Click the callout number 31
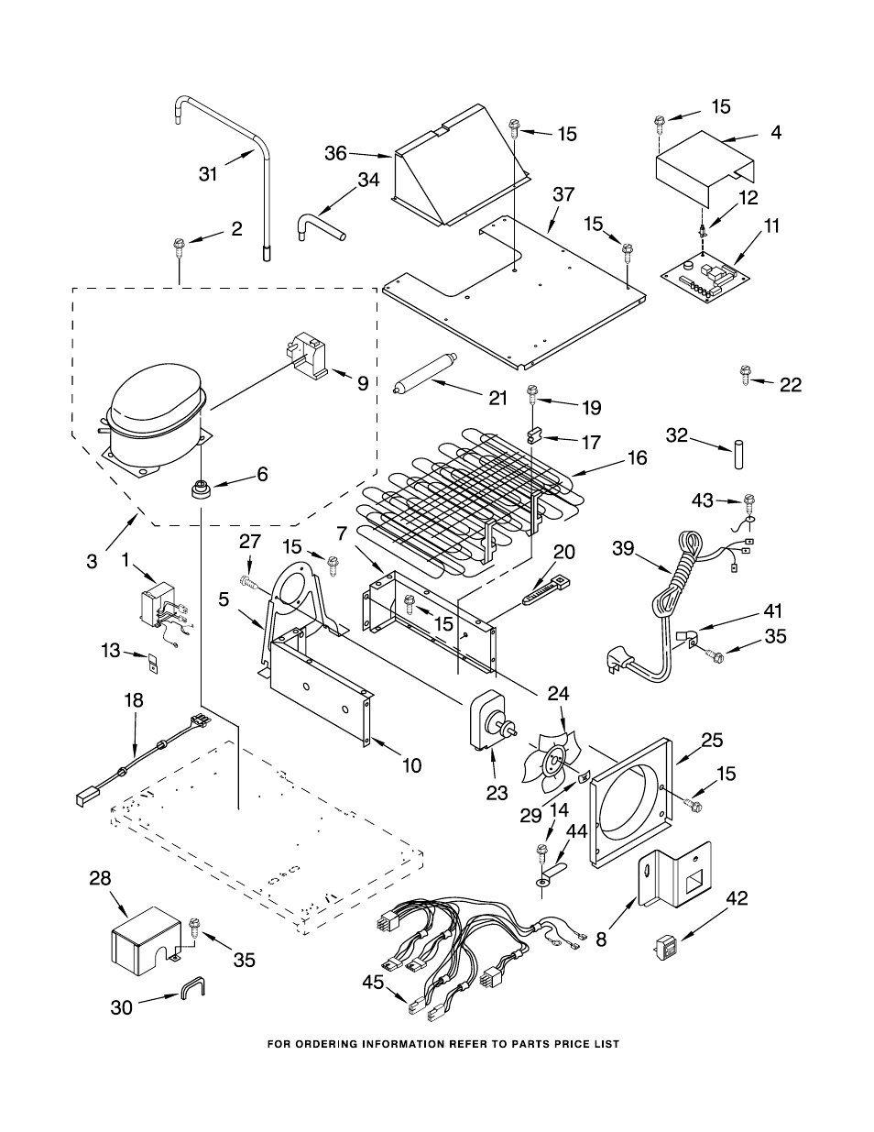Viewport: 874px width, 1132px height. [208, 173]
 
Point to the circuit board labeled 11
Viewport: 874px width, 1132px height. [706, 280]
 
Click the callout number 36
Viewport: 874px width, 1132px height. [335, 154]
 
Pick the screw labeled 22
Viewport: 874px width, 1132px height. [745, 375]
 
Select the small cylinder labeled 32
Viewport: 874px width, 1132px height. [738, 456]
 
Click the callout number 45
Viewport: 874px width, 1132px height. [373, 983]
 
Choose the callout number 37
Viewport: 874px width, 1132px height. [563, 194]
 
